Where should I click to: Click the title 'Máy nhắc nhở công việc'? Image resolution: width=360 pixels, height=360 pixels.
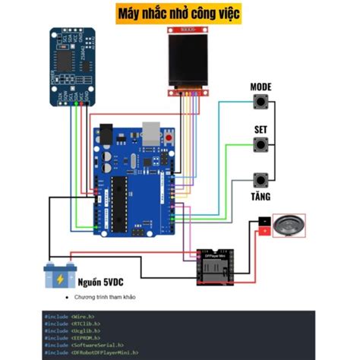pyautogui.click(x=180, y=13)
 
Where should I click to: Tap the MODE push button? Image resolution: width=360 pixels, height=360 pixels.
pyautogui.click(x=261, y=103)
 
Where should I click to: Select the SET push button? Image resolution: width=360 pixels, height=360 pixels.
pyautogui.click(x=261, y=145)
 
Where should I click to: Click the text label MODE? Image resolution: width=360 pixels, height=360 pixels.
pyautogui.click(x=261, y=87)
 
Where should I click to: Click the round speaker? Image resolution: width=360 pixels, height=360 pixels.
pyautogui.click(x=289, y=224)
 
